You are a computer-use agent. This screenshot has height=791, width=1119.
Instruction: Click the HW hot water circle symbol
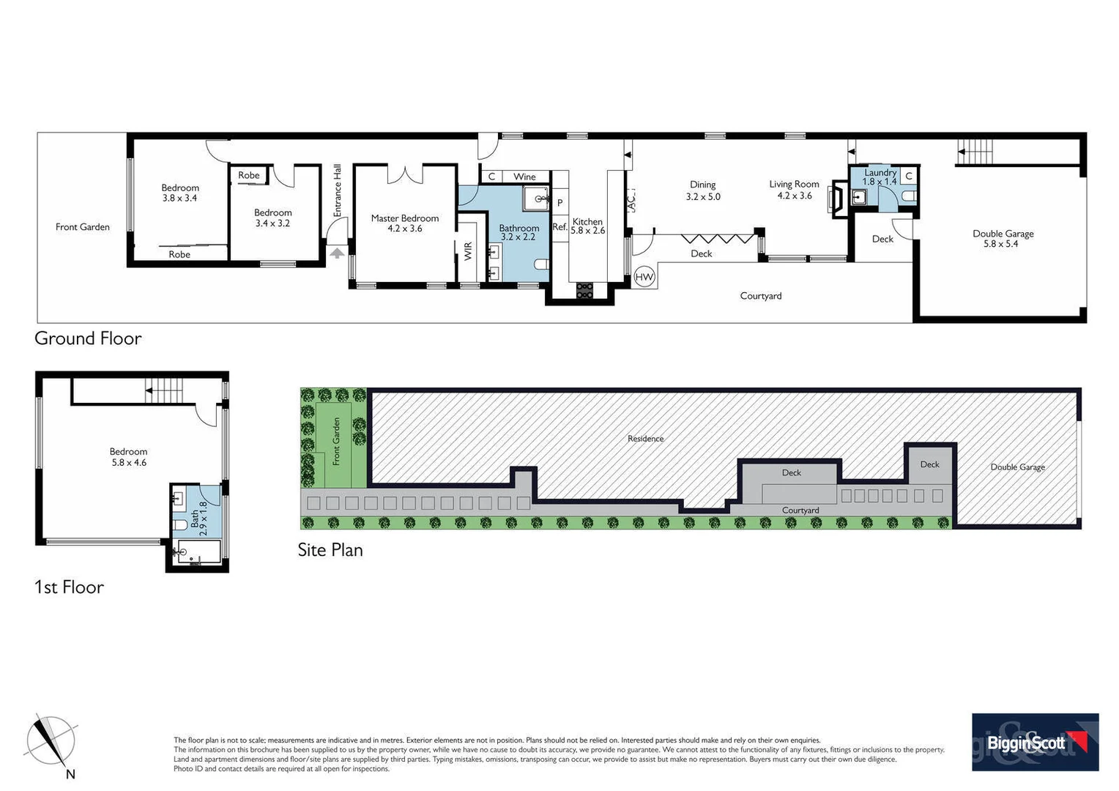tap(644, 276)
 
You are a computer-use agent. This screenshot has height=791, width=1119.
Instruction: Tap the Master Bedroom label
tap(404, 218)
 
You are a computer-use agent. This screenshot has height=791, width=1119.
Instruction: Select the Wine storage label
tap(524, 177)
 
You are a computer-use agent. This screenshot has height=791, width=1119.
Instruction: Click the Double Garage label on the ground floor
tap(1003, 234)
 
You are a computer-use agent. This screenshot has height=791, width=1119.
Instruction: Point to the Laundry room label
tap(880, 173)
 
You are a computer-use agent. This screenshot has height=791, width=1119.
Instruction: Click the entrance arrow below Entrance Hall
tap(337, 253)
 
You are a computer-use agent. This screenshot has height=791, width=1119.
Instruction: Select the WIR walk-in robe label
tap(468, 251)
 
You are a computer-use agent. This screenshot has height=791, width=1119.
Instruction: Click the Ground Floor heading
tap(88, 338)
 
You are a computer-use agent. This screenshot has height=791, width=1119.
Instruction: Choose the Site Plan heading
tap(330, 550)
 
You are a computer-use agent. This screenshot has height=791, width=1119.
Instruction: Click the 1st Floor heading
tap(69, 587)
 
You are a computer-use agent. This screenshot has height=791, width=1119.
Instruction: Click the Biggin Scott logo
tap(1035, 742)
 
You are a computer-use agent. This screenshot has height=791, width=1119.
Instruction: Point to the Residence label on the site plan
tap(645, 439)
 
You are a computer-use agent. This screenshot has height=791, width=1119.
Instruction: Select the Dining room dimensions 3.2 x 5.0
tap(703, 196)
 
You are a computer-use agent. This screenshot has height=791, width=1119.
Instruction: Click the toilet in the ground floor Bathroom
tap(541, 264)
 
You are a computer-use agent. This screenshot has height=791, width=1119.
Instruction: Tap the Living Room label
tap(794, 185)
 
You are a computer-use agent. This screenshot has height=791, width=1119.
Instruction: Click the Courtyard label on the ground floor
tap(760, 296)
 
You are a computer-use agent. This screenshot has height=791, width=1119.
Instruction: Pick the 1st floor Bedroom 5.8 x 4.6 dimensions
tap(128, 463)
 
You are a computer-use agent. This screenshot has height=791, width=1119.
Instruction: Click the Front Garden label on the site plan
tap(337, 441)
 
